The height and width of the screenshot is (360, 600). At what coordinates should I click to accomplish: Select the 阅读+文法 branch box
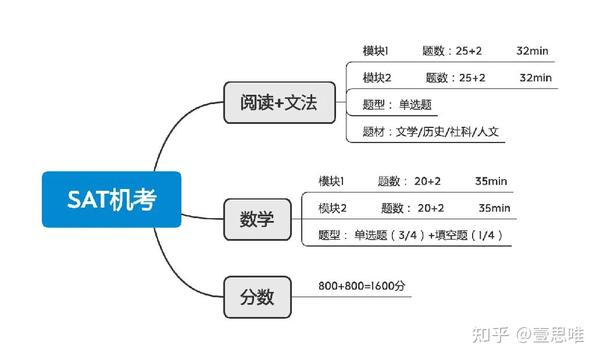point(278,103)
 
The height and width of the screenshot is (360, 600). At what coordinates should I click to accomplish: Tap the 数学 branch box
point(257,215)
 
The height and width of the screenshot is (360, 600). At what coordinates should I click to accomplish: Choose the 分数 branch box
point(257,297)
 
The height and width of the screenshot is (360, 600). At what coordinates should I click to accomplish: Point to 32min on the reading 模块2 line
point(536,77)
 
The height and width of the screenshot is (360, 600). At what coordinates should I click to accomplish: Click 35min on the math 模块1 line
point(491,181)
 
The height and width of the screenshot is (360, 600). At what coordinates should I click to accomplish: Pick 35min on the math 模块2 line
point(494,208)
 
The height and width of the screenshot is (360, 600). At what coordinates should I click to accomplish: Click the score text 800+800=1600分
point(361,287)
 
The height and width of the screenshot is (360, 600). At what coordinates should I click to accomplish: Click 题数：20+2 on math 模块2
point(412,208)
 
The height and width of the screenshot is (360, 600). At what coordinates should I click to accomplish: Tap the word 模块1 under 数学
point(331,181)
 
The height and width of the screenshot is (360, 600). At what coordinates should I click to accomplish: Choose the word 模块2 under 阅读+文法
point(376,77)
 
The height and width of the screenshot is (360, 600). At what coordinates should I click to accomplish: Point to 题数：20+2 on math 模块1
point(409,181)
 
